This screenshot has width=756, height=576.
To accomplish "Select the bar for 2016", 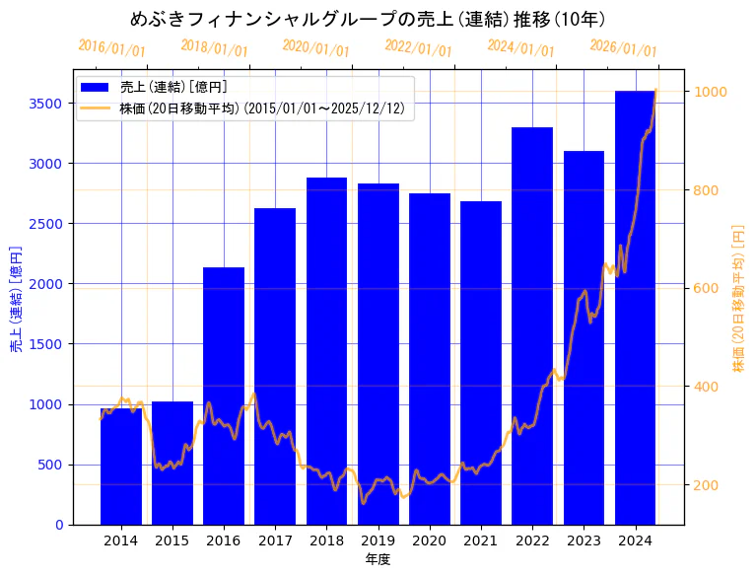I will (x=224, y=396).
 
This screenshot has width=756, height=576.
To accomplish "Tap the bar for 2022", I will (x=532, y=325).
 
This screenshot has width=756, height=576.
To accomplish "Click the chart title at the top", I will (x=368, y=19).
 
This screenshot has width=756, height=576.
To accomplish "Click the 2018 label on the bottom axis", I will (x=326, y=540).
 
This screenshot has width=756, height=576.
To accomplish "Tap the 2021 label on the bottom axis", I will (x=481, y=540).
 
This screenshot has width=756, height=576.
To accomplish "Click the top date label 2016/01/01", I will (x=111, y=48).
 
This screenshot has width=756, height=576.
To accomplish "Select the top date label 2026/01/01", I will (x=623, y=48).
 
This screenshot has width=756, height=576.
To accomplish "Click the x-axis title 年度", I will (x=378, y=559).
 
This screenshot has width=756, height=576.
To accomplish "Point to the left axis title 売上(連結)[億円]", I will (x=16, y=297).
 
